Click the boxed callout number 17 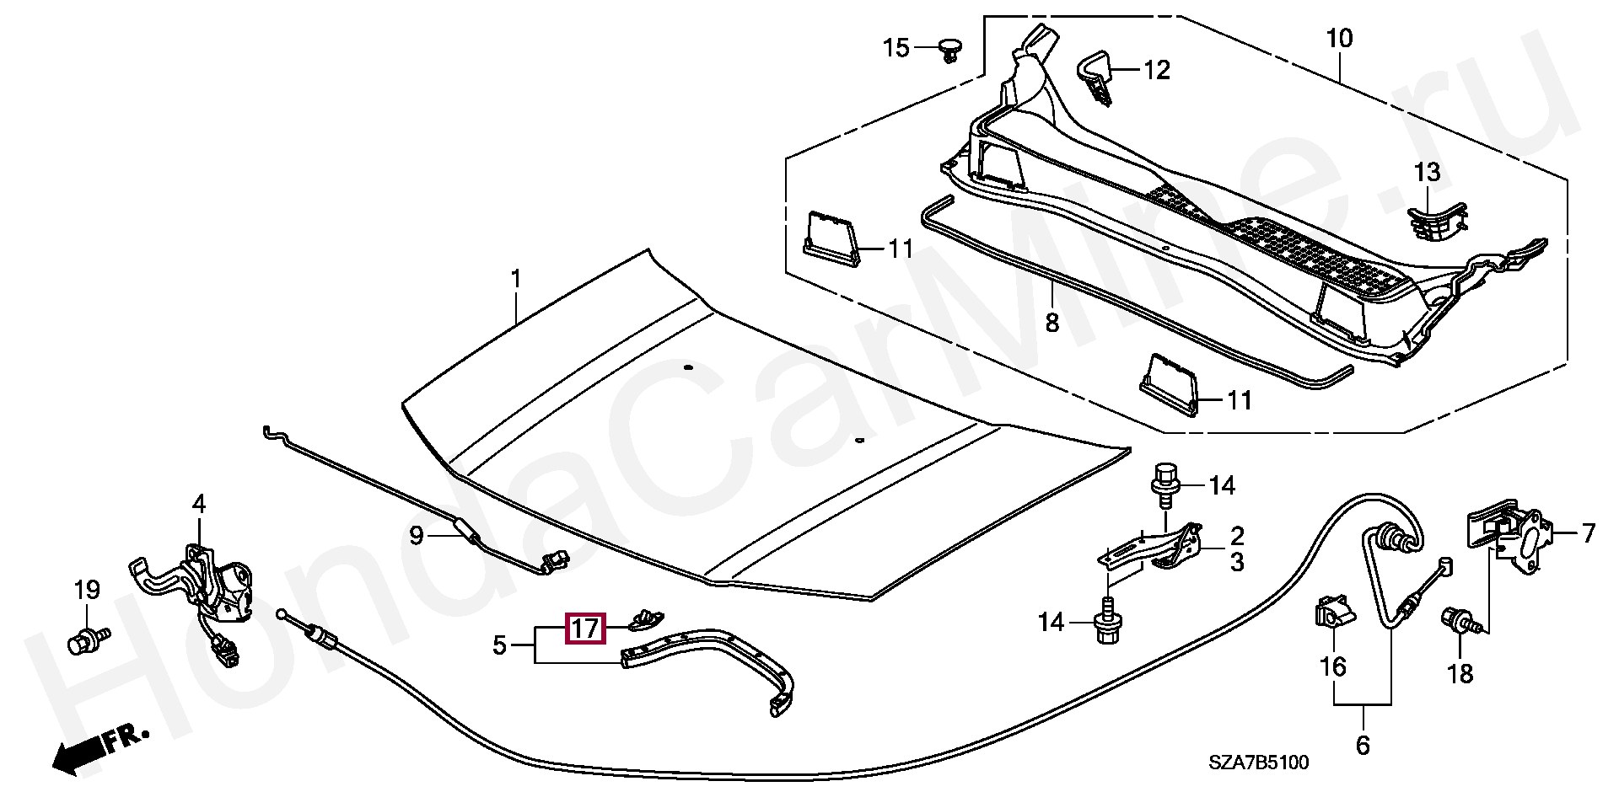coord(586,629)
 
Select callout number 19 coord(87,590)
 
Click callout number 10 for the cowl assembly coord(1338,39)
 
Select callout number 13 coord(1427,173)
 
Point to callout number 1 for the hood coord(516,279)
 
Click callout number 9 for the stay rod coord(416,535)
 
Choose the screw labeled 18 coord(1460,643)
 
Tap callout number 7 coord(1588,533)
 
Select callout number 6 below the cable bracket coord(1363,745)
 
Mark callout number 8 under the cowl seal coord(1052,322)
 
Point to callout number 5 coord(499,646)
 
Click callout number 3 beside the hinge coord(1236,562)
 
